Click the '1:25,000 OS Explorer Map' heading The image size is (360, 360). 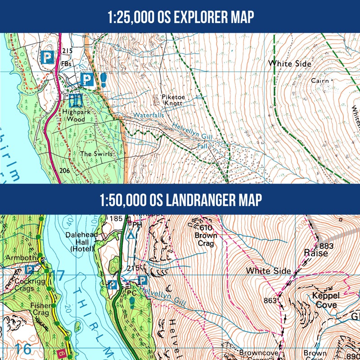pos(180,17)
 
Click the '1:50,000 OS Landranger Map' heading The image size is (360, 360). pos(180,199)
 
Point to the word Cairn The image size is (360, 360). pos(320,81)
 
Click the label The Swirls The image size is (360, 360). pos(96,154)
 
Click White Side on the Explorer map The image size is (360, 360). pos(289,64)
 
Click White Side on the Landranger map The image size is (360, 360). pos(268,271)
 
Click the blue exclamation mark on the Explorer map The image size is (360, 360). pos(104,80)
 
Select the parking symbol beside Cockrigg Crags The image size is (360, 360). pos(30,270)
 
